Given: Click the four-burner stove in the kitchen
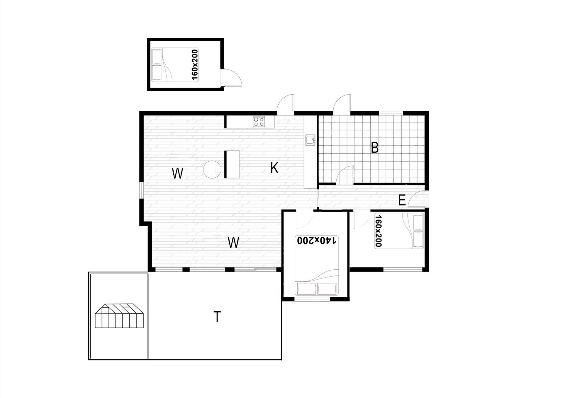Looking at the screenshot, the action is pos(259,122).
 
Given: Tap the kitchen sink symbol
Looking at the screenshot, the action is pos(310,140).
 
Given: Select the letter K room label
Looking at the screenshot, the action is pos(274,168).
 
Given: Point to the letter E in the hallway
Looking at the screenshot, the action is pos(402,200).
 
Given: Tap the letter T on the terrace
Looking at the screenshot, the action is pos(217,317).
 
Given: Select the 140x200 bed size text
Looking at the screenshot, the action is pos(317,240).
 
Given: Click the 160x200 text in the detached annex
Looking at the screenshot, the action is pos(194,65).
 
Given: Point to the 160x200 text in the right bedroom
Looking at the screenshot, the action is pos(379,231).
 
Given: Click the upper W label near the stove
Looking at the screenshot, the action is pos(177,173).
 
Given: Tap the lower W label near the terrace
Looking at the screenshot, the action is pos(233,243).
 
